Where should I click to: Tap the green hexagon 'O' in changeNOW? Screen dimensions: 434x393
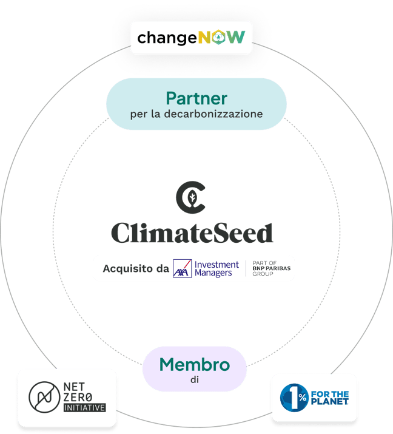218,38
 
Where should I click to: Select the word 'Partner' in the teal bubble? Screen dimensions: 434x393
196,98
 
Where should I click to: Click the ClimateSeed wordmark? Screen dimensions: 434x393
192,232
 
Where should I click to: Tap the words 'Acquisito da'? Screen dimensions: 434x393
136,268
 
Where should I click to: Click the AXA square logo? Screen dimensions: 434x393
182,268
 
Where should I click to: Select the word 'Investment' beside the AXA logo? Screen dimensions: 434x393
217,264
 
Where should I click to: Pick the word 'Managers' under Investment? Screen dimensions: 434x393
214,273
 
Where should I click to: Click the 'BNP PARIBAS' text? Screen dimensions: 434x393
270,268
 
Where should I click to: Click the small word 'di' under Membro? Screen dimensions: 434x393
194,381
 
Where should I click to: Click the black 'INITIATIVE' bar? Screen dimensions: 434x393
85,408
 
